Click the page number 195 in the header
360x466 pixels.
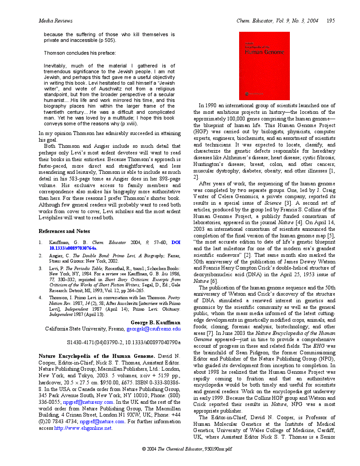click(330, 20)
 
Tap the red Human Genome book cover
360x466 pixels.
click(264, 66)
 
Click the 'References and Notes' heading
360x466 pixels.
click(64, 231)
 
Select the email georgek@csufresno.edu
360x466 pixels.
click(154, 329)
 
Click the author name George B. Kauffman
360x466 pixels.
click(155, 323)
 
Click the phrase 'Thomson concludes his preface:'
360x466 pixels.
click(79, 53)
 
